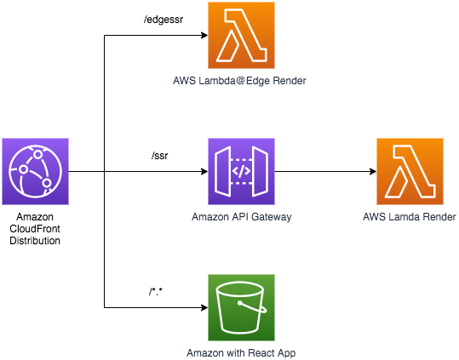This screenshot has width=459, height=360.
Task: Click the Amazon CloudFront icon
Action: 36,171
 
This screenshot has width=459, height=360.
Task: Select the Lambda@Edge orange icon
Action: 242,36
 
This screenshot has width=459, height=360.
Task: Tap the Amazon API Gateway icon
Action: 242,171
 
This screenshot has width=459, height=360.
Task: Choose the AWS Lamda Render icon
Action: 410,171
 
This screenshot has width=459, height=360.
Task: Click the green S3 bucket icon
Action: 242,307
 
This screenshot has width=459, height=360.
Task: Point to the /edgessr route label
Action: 164,20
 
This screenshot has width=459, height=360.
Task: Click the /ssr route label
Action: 160,156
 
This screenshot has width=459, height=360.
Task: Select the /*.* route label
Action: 156,292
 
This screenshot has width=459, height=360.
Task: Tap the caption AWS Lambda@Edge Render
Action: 239,81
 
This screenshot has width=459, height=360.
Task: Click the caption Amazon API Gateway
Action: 242,217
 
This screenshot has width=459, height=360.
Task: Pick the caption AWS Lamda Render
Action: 410,217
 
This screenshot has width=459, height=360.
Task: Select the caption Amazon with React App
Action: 241,353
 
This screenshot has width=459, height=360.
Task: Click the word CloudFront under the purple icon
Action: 35,229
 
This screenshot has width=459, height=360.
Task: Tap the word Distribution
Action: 35,241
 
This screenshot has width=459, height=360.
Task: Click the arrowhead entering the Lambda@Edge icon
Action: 204,36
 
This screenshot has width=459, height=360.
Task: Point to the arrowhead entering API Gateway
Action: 204,171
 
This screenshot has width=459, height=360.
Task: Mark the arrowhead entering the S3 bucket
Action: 204,307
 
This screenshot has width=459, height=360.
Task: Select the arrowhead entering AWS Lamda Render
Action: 373,171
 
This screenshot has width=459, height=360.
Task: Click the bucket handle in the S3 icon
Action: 254,307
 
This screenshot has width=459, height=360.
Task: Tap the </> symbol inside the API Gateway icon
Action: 241,171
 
